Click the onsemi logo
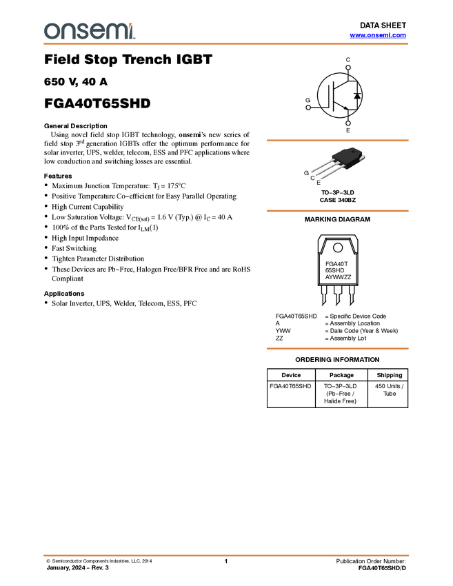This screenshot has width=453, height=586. click(89, 31)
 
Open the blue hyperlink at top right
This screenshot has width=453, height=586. click(378, 35)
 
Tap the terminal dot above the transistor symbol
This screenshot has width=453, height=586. click(348, 68)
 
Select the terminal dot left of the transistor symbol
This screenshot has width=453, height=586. click(308, 107)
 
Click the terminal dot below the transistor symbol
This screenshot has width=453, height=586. click(348, 124)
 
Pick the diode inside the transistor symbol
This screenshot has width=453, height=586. click(356, 96)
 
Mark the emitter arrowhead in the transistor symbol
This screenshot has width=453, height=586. click(344, 108)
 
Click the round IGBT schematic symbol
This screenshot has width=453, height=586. click(339, 96)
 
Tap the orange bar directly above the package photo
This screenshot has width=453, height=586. click(337, 141)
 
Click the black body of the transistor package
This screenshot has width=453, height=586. click(348, 157)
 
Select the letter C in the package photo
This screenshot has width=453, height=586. click(312, 178)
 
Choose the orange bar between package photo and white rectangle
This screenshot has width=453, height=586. click(337, 211)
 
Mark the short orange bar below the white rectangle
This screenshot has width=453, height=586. click(337, 349)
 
